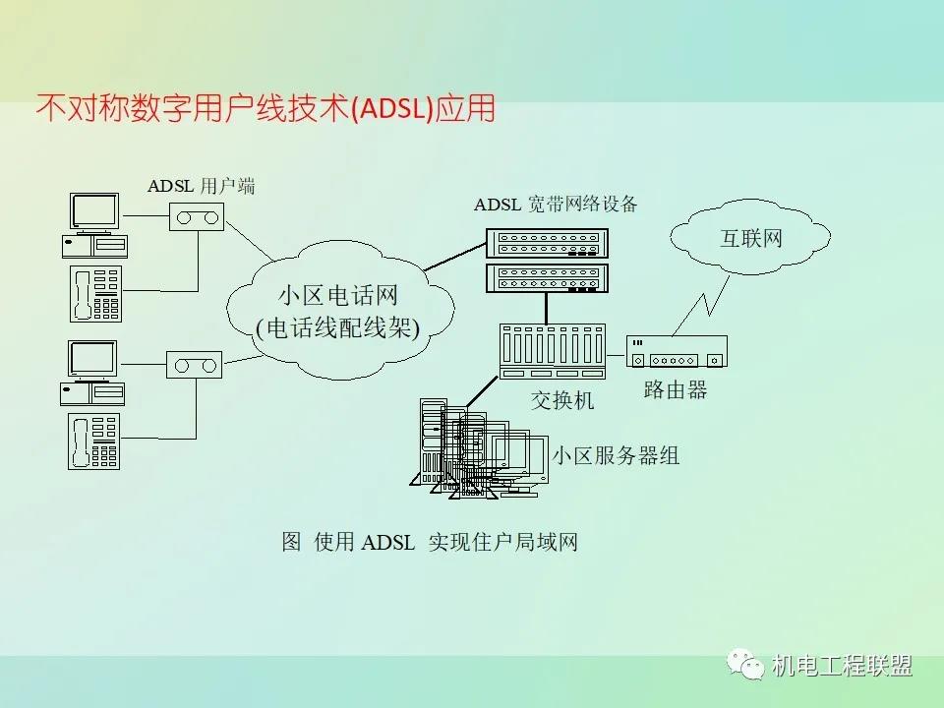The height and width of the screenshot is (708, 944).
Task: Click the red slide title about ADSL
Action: (265, 109)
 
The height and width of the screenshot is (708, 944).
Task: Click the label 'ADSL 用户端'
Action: (201, 185)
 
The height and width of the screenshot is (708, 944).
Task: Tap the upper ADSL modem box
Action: (197, 216)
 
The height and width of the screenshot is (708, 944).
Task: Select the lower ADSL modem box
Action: (193, 365)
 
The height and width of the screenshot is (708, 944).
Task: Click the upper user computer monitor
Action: (94, 211)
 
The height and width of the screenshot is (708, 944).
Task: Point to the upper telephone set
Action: (95, 293)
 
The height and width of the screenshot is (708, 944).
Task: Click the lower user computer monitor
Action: (92, 359)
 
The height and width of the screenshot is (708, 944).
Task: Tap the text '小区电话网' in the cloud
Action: (337, 295)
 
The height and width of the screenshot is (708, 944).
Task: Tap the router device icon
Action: (677, 351)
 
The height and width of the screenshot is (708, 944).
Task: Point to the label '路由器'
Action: (676, 390)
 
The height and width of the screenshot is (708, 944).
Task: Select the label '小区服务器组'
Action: (616, 455)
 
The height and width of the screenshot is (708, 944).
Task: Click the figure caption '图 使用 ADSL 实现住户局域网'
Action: (429, 542)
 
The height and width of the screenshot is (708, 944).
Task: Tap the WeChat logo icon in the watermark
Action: (745, 666)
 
